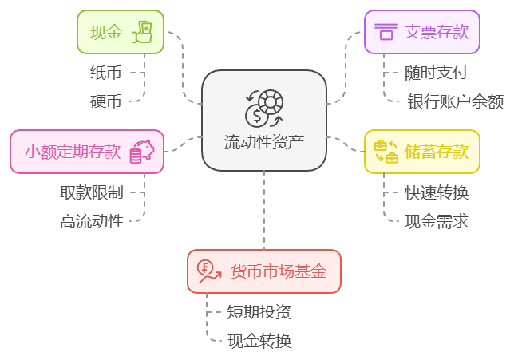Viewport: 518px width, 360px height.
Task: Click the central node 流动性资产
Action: (264, 121)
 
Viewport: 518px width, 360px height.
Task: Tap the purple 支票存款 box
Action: (422, 32)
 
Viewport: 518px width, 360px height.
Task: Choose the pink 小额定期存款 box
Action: (87, 152)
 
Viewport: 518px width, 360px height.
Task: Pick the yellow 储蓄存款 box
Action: (422, 152)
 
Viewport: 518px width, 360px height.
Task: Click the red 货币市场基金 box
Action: (264, 271)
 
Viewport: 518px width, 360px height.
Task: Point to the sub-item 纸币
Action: (105, 73)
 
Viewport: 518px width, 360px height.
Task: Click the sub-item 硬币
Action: (105, 101)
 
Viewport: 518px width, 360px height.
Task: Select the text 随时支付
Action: (436, 73)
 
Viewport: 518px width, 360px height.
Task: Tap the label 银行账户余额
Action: (455, 101)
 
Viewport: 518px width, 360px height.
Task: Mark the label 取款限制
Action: (92, 192)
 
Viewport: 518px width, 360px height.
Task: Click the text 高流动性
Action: (92, 221)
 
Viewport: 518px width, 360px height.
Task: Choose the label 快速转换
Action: (436, 192)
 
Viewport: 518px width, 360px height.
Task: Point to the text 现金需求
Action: (436, 221)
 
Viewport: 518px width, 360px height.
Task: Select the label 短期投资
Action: (259, 312)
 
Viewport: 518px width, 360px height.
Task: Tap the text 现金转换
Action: (259, 341)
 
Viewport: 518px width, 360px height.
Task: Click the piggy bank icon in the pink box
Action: (141, 152)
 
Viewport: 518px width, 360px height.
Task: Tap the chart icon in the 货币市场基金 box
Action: (209, 271)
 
